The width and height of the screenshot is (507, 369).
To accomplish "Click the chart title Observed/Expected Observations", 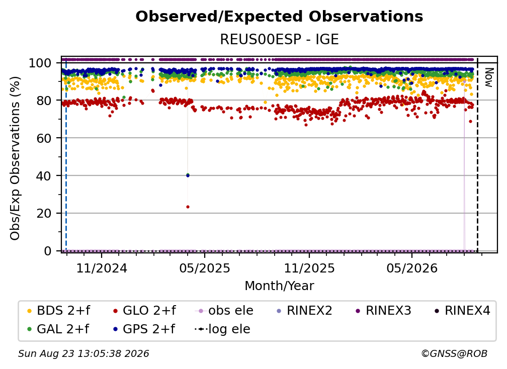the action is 279,17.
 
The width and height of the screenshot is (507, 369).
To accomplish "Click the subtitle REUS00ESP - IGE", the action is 279,40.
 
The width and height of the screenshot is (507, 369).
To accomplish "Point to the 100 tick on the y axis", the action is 40,63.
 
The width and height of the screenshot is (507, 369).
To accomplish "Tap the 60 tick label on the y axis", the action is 44,138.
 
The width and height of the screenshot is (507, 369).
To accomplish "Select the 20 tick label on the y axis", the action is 44,214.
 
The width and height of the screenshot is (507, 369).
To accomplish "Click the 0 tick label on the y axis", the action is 48,251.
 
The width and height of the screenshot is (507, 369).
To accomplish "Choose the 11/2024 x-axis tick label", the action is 102,268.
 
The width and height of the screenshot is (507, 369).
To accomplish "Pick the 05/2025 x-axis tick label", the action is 204,268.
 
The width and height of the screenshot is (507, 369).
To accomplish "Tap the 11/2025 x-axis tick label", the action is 309,268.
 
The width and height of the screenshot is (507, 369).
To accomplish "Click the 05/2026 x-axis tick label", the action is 411,268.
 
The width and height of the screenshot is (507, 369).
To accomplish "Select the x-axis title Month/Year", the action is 279,286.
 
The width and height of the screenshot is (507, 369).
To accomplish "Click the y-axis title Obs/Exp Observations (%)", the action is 15,158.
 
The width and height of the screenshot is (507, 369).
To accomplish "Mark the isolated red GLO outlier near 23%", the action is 188,207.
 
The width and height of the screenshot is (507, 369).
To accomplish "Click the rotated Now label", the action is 488,77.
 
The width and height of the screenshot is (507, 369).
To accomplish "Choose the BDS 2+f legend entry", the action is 59,311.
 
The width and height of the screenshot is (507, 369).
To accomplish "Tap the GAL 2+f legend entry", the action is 58,329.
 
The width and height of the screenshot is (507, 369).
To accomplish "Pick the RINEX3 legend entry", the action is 383,311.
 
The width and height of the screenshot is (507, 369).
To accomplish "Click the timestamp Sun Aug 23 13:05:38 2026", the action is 83,354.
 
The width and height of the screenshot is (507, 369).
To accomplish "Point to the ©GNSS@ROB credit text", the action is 454,354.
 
